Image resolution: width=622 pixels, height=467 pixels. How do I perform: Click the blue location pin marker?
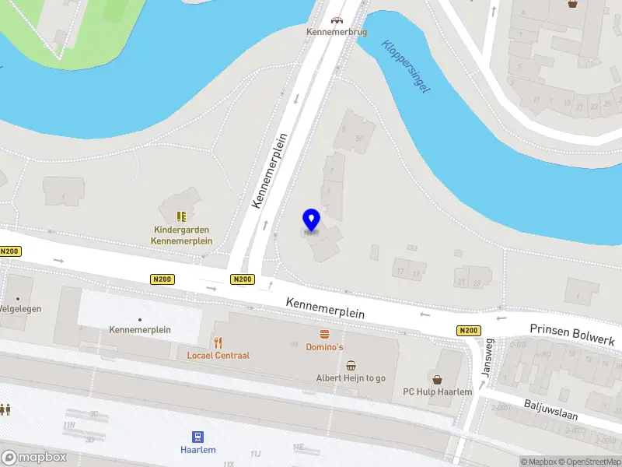coord(311,220)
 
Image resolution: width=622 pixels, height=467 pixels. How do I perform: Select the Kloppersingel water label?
coord(406,67)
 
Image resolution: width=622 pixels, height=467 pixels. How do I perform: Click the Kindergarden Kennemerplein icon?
coord(181,216)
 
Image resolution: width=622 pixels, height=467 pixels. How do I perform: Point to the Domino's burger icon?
coord(324,333)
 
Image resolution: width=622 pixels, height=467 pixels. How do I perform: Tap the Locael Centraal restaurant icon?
coord(218,342)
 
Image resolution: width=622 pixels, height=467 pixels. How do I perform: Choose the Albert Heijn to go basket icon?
coord(351,365)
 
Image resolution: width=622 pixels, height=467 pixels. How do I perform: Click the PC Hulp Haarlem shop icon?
coord(438,379)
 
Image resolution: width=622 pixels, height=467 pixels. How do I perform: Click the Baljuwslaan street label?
coord(550,409)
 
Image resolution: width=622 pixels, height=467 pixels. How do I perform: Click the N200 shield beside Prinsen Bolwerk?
coord(468,331)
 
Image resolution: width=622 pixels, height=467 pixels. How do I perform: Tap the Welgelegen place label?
coord(21,309)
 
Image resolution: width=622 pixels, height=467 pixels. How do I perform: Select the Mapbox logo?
coord(33,458)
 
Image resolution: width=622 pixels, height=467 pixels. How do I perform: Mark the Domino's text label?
coord(324,346)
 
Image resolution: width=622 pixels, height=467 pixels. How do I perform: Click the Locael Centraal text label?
coord(218,356)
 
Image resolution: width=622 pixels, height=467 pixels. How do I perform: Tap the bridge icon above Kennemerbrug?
coord(336,21)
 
